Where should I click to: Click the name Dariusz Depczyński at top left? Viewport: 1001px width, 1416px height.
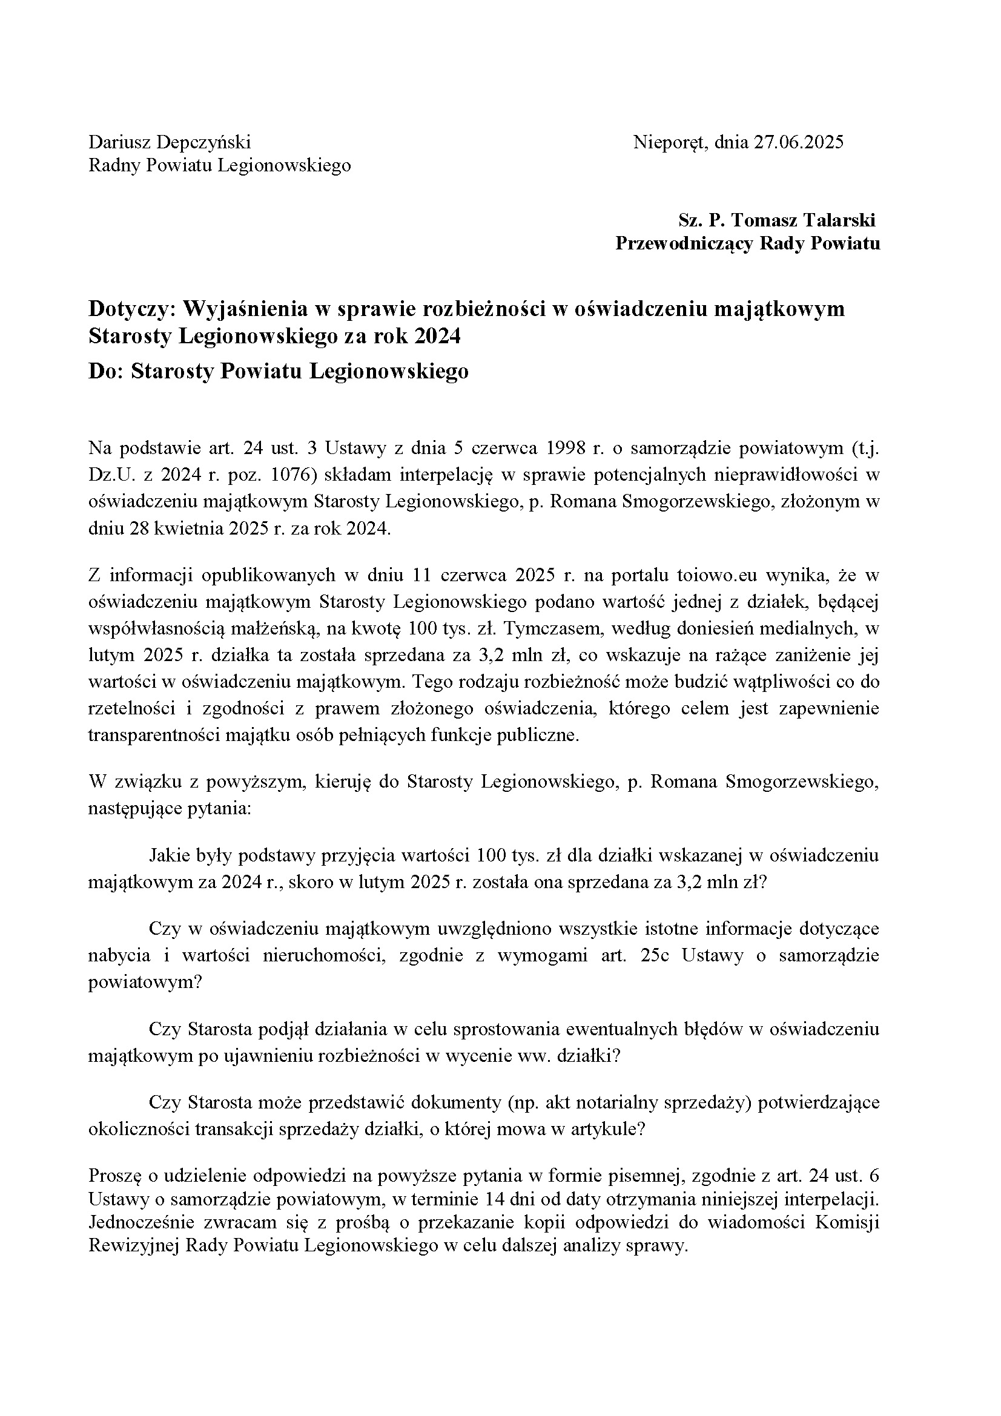pos(170,142)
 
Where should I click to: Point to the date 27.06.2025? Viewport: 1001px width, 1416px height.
pos(799,142)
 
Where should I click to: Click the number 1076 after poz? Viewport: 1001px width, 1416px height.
pos(289,475)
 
